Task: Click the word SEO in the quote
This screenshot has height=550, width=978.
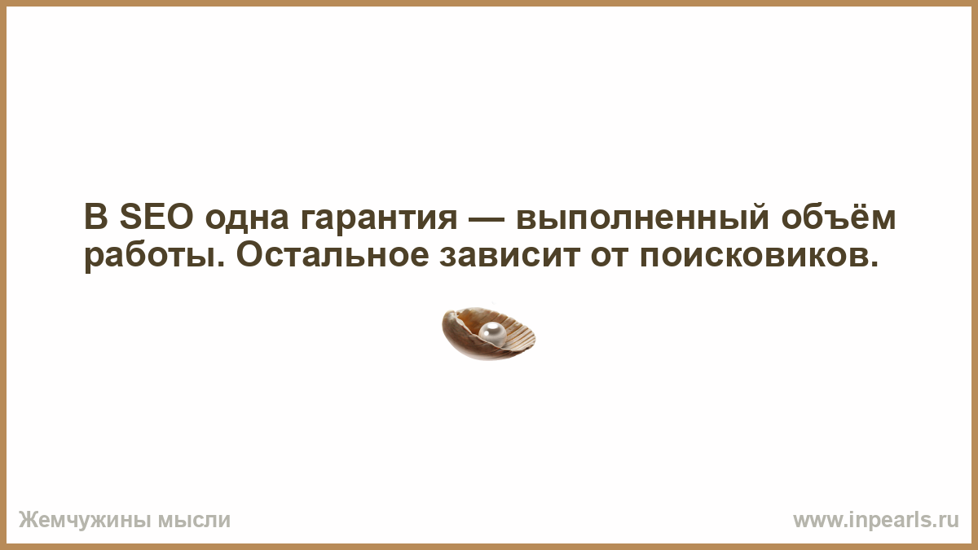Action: (x=156, y=217)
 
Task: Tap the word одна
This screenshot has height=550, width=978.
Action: (x=247, y=219)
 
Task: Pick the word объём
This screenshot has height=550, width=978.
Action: (x=839, y=216)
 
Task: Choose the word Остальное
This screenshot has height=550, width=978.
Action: (x=333, y=255)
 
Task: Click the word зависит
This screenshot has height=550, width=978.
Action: (x=510, y=257)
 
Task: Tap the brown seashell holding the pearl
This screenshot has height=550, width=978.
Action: (x=488, y=333)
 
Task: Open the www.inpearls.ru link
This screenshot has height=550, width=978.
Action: (x=876, y=521)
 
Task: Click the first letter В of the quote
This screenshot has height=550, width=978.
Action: (x=95, y=217)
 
